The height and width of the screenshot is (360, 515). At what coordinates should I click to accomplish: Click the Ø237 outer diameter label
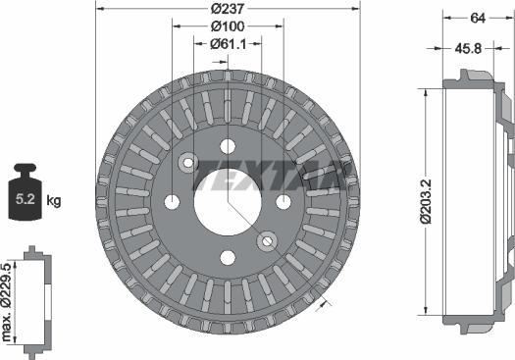click(x=228, y=9)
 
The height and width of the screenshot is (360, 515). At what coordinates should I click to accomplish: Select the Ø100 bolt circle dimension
click(x=228, y=26)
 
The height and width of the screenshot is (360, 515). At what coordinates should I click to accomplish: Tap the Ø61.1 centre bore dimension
click(x=228, y=44)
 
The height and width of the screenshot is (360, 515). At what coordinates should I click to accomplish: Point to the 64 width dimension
click(x=478, y=18)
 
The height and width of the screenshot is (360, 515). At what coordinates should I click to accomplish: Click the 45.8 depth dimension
click(x=468, y=49)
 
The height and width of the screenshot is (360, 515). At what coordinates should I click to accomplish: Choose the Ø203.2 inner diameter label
click(x=427, y=202)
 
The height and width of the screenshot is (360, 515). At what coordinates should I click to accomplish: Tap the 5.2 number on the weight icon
click(x=25, y=199)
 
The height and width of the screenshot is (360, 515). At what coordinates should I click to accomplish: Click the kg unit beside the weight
click(x=54, y=200)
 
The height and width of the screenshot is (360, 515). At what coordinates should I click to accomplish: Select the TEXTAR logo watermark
click(x=274, y=176)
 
